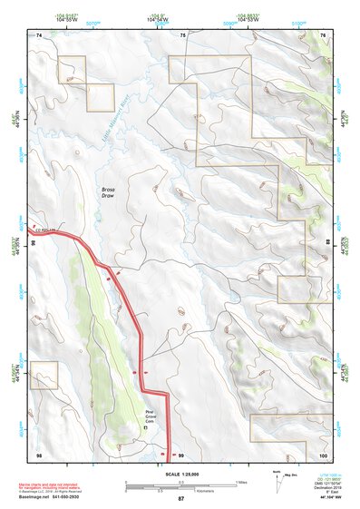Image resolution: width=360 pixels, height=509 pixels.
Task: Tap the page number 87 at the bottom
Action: [x=180, y=499]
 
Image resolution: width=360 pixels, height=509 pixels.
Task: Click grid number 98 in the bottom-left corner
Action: [x=39, y=454]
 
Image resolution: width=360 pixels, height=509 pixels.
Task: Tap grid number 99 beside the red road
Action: [x=181, y=454]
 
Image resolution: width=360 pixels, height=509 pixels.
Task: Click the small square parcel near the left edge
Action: [x=44, y=375]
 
